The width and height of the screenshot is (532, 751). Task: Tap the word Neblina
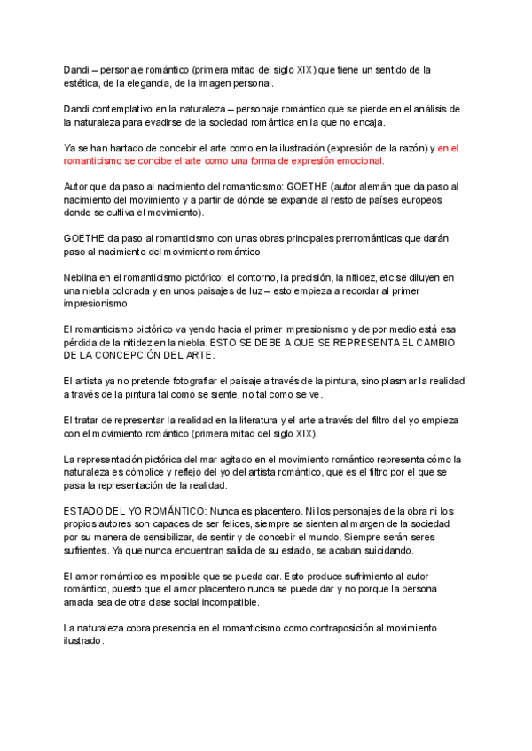coord(84,278)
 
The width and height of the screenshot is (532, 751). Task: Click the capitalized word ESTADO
coord(86,511)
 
